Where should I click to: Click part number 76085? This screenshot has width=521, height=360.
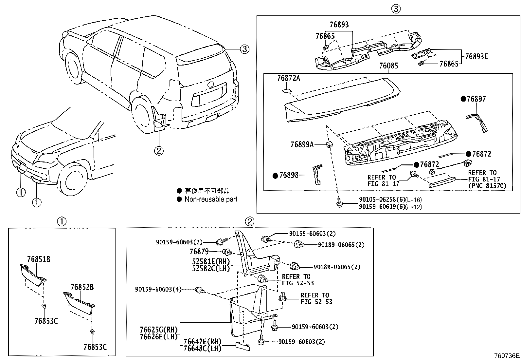point(389,66)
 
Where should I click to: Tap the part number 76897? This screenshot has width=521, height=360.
point(476,99)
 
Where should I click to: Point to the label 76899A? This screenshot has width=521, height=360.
point(302,144)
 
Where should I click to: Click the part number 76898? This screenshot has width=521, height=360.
point(289,175)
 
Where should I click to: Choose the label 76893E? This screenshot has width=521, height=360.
point(476,56)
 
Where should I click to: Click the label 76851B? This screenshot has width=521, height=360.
point(38,259)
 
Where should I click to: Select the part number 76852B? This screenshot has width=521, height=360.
point(82,287)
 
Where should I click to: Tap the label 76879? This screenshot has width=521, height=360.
point(199,252)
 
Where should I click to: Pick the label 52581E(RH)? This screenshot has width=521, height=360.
point(211,261)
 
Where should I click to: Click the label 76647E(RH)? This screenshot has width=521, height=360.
point(202,342)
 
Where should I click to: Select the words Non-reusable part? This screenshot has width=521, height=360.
point(211,199)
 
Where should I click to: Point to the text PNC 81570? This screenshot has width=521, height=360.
point(487,186)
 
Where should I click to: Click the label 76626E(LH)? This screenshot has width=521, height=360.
point(158,336)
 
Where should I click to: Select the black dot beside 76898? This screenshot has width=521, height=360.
point(275,176)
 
